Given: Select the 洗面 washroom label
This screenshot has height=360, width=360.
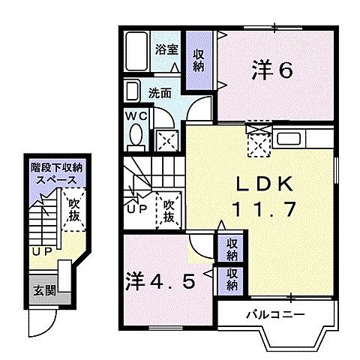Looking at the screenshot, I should (157, 94).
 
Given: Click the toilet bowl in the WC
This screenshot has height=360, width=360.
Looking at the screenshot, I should (136, 137).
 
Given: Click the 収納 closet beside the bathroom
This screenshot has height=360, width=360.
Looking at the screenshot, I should (198, 60).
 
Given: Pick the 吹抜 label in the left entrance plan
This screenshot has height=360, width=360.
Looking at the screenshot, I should (73, 209).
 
